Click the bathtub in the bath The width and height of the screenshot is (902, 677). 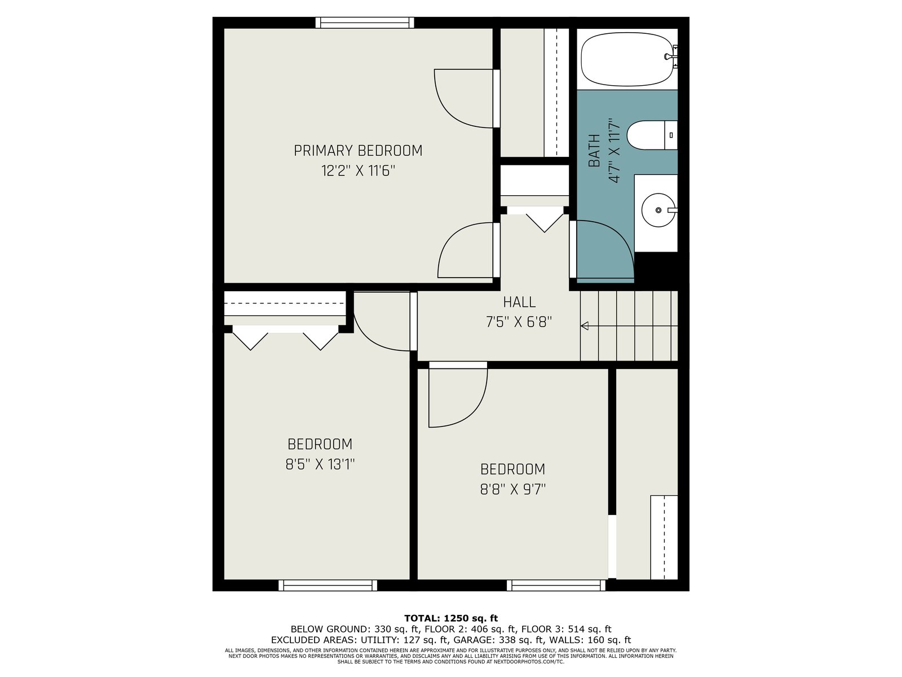tap(627, 59)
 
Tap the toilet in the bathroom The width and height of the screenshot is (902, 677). tap(652, 135)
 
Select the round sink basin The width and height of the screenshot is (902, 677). tap(658, 210)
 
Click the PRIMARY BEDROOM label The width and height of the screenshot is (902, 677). tap(358, 151)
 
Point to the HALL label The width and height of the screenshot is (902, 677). tap(519, 302)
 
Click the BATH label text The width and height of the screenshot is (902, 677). tap(594, 151)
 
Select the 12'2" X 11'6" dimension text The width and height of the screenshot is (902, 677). tap(358, 170)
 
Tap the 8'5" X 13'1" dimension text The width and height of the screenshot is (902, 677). tap(320, 464)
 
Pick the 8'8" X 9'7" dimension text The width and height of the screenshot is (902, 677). tap(513, 489)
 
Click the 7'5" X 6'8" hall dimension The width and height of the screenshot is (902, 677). tap(519, 322)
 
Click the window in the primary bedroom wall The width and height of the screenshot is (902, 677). tap(365, 23)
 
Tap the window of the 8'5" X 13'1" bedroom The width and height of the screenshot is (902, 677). tap(328, 586)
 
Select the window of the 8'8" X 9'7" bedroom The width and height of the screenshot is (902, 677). tap(556, 586)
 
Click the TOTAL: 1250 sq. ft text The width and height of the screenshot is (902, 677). tap(451, 618)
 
